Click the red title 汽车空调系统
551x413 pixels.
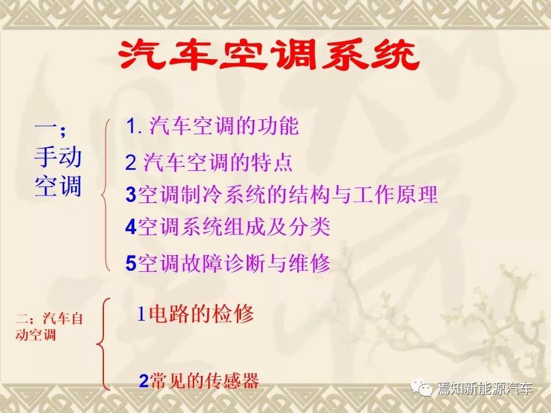(269, 55)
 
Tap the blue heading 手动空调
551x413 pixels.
(58, 172)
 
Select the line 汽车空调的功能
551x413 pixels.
(224, 126)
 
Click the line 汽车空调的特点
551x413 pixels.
(218, 162)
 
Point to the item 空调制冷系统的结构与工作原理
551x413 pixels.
(288, 194)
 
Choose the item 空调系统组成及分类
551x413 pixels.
(234, 227)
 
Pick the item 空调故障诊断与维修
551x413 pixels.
(234, 263)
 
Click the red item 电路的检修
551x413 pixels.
(201, 314)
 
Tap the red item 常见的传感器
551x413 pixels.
(204, 381)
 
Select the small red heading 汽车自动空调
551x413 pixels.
(49, 326)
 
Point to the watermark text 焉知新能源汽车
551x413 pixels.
(485, 388)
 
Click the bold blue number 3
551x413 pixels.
(131, 194)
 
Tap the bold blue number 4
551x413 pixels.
(131, 227)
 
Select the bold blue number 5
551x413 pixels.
(131, 263)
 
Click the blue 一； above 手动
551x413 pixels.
(50, 128)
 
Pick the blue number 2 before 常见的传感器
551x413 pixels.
(143, 381)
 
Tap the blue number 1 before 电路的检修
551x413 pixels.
(141, 314)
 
